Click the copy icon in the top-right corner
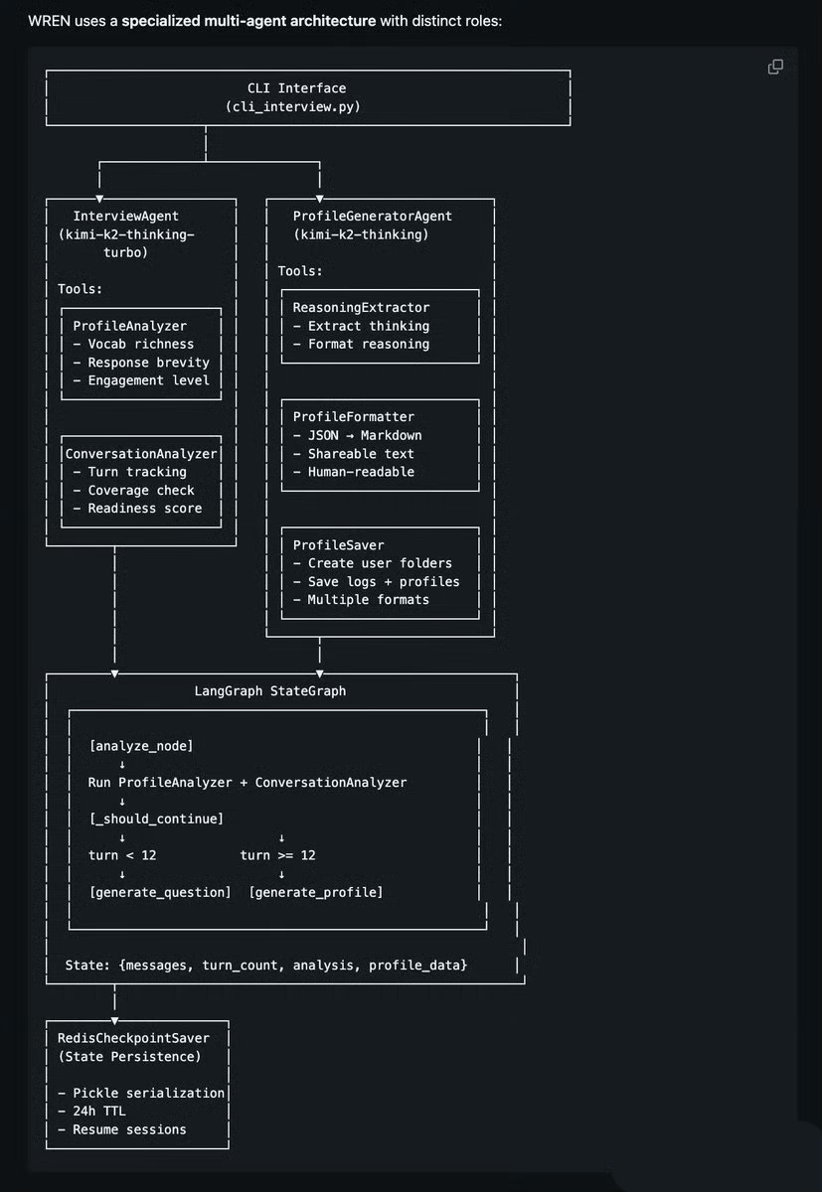(775, 67)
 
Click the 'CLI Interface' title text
(296, 88)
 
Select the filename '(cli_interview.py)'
(293, 106)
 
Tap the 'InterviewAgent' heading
(126, 216)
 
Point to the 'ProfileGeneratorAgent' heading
(372, 216)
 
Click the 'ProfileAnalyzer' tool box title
(129, 326)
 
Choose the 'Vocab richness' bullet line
(140, 344)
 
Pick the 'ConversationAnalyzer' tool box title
(140, 454)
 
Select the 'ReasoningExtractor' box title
(361, 308)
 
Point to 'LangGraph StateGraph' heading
(270, 690)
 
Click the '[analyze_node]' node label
(141, 745)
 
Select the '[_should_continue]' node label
(156, 819)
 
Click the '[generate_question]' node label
(160, 892)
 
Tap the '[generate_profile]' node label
(316, 892)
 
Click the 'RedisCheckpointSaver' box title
(133, 1038)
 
